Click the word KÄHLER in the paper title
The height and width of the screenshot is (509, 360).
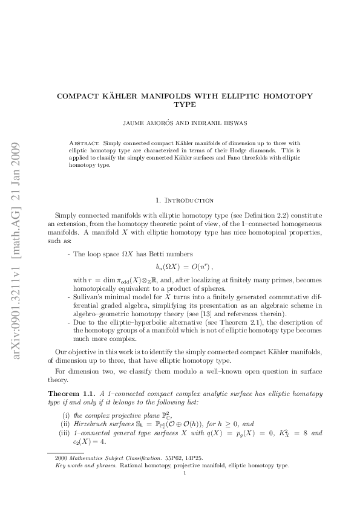tap(126, 96)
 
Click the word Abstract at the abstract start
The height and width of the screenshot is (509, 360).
tap(85, 144)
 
